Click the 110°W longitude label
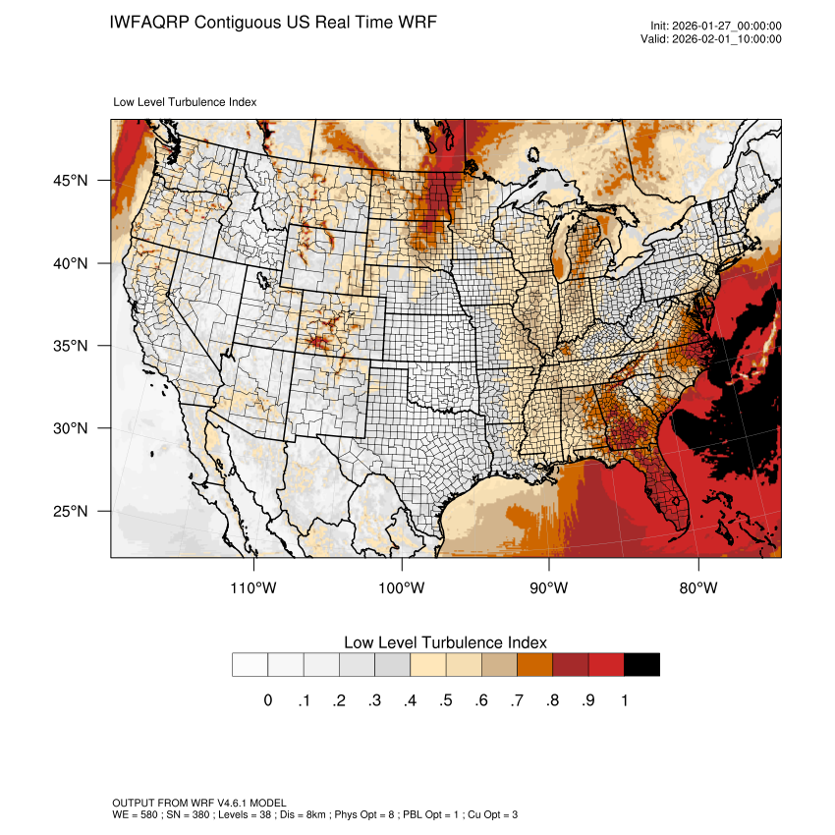click(x=253, y=587)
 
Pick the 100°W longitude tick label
click(x=402, y=587)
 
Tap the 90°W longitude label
click(x=549, y=587)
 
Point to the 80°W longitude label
click(x=697, y=587)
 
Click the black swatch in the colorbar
click(x=641, y=665)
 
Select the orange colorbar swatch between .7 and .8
click(x=535, y=665)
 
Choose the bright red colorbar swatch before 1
click(x=606, y=665)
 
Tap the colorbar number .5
click(x=445, y=700)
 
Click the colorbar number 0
click(x=267, y=700)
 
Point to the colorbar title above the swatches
click(x=445, y=642)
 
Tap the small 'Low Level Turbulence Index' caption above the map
click(x=186, y=101)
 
